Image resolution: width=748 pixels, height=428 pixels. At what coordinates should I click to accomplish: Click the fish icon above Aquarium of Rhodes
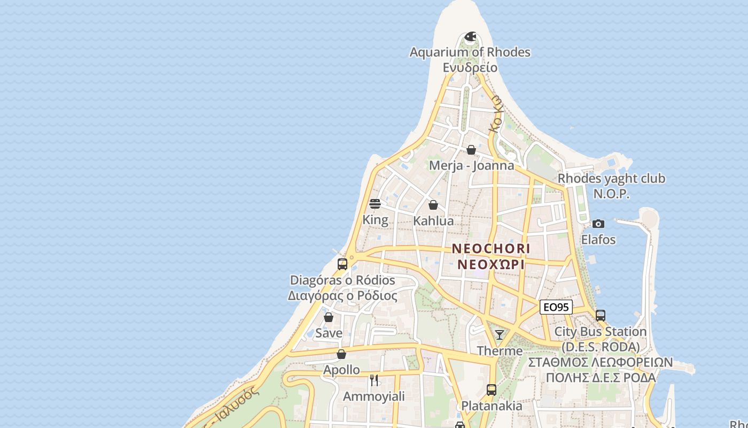(x=470, y=36)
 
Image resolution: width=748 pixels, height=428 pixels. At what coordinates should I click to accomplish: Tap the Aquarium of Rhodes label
(x=470, y=52)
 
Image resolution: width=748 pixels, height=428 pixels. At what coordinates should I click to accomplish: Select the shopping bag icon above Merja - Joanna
(x=471, y=150)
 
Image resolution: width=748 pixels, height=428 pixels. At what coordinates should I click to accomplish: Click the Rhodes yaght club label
(x=611, y=179)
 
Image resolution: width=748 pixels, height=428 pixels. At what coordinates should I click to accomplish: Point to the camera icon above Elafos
(x=598, y=224)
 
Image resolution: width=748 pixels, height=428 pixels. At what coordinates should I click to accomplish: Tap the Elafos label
(x=598, y=240)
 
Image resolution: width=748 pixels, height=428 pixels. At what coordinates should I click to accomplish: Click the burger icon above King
(x=375, y=204)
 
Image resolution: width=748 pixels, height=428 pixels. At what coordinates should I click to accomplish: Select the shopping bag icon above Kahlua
(x=433, y=205)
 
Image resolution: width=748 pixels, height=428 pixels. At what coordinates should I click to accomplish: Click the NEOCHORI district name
(x=491, y=249)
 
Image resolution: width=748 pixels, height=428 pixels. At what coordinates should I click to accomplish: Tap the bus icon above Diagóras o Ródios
(x=342, y=264)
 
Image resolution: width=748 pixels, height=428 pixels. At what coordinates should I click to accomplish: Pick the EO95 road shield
(x=556, y=307)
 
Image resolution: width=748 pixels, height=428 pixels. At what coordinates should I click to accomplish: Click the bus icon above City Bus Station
(x=601, y=316)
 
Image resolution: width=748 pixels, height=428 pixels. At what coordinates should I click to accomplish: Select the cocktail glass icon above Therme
(x=500, y=335)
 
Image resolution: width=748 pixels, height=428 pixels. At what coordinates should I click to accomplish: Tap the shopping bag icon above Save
(x=329, y=317)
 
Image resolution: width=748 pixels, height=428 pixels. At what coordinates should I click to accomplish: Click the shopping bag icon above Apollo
(x=341, y=354)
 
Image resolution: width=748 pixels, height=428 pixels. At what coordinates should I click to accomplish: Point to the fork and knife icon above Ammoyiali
(x=374, y=380)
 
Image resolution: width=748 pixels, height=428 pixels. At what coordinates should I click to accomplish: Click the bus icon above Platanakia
(x=492, y=390)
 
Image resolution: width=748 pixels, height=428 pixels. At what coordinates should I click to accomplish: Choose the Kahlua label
(x=433, y=221)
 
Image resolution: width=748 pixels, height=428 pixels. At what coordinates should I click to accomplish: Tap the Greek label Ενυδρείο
(x=470, y=68)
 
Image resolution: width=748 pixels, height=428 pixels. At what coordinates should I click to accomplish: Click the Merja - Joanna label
(x=472, y=165)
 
